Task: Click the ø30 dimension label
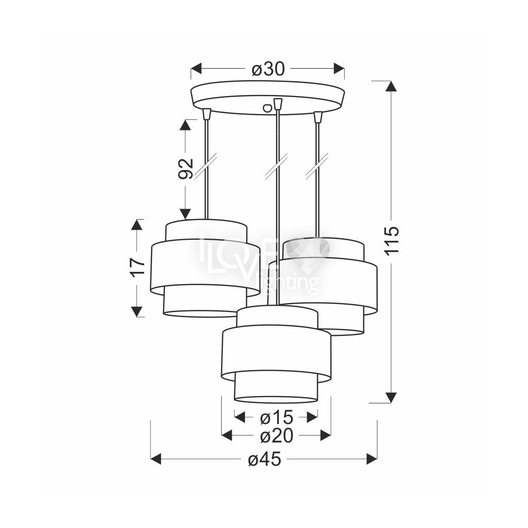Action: (x=268, y=69)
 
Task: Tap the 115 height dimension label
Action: (x=392, y=240)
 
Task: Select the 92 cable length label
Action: (x=185, y=169)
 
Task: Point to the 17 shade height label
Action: (x=137, y=268)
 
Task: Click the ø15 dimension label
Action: (x=277, y=418)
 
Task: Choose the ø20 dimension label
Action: (x=277, y=436)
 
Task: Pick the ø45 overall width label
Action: (x=265, y=459)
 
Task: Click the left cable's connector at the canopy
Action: (x=207, y=114)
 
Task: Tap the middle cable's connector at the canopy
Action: (x=278, y=103)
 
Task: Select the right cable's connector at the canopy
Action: (x=317, y=117)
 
